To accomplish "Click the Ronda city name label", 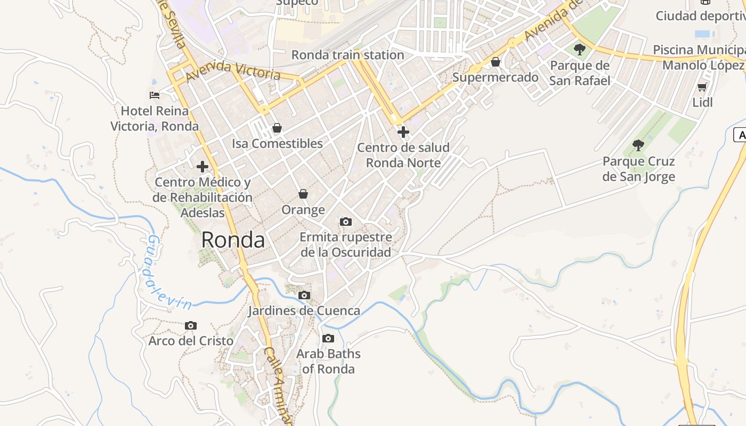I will [x=233, y=240].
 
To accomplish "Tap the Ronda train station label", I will [x=347, y=55].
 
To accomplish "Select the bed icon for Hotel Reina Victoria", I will [x=155, y=95].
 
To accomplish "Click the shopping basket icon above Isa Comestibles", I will [x=277, y=128].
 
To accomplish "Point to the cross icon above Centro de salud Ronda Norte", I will [x=403, y=132].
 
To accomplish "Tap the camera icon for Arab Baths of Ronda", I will [x=328, y=338].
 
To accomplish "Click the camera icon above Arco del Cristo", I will [x=191, y=325].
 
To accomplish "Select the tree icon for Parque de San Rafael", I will [x=580, y=50].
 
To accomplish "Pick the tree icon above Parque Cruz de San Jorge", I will [x=638, y=145].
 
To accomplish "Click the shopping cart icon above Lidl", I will [x=702, y=87].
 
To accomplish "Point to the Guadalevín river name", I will [x=168, y=273].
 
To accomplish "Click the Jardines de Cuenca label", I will [x=304, y=310].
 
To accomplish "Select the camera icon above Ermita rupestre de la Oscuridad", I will [x=346, y=222].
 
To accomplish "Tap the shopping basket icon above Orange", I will [x=303, y=194].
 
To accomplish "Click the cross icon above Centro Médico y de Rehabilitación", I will [x=202, y=167].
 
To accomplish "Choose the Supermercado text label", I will [x=496, y=77].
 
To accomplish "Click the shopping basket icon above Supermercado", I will [x=496, y=62].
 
